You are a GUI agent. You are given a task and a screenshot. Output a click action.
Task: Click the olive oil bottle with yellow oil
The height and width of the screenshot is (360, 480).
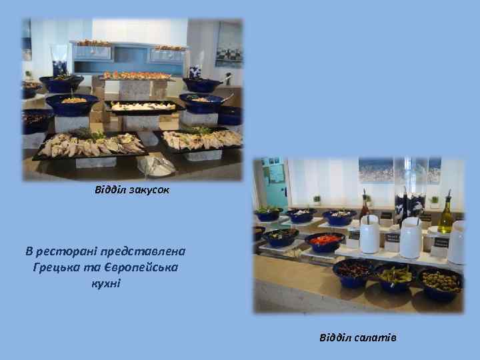click(x=445, y=215)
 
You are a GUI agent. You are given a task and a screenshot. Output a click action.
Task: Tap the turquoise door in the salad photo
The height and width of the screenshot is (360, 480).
click(x=274, y=183)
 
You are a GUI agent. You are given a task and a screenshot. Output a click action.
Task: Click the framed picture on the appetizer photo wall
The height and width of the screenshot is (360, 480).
click(x=229, y=43)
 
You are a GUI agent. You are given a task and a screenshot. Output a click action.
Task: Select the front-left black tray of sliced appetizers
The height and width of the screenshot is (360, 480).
click(x=90, y=145)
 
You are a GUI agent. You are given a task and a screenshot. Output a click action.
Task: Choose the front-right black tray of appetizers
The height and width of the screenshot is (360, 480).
click(x=200, y=139)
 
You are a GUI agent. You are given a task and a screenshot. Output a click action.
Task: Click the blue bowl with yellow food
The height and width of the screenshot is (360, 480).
click(x=73, y=103)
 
